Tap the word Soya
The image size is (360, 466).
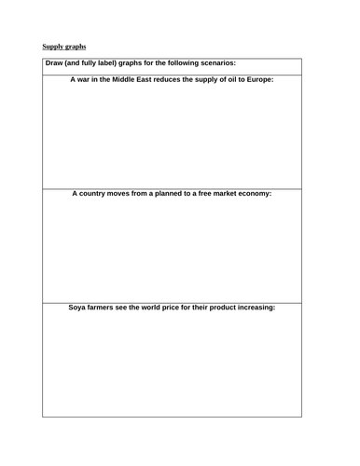(x=77, y=307)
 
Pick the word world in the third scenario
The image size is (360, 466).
(x=159, y=307)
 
